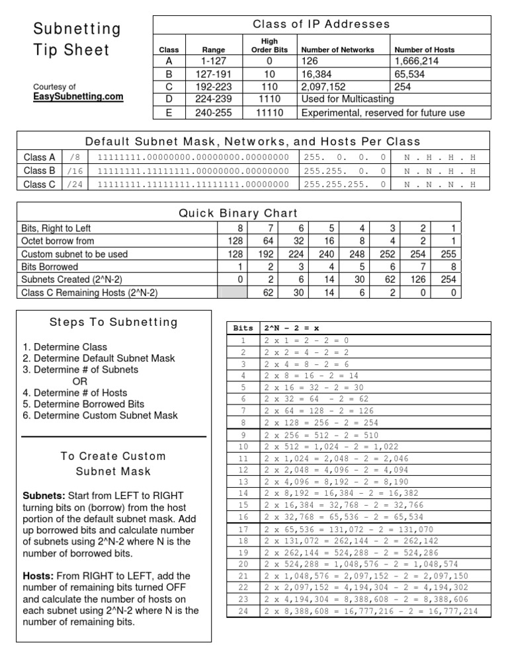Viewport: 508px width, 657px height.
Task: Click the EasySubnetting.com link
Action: coord(79,97)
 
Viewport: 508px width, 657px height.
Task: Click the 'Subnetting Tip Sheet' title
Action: coord(77,40)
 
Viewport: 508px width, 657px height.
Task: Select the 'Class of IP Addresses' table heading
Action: coord(321,24)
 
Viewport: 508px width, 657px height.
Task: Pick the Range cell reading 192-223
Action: coord(213,86)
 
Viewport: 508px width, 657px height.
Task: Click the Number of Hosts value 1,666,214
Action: coord(424,61)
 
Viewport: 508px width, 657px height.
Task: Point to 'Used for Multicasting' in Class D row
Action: coord(348,98)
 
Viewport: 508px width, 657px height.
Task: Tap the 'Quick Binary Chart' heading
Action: coord(238,213)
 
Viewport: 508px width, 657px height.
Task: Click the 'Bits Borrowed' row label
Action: coord(50,267)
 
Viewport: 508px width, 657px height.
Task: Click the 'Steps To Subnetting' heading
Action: coord(114,323)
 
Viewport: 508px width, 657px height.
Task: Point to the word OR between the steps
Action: coord(79,381)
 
